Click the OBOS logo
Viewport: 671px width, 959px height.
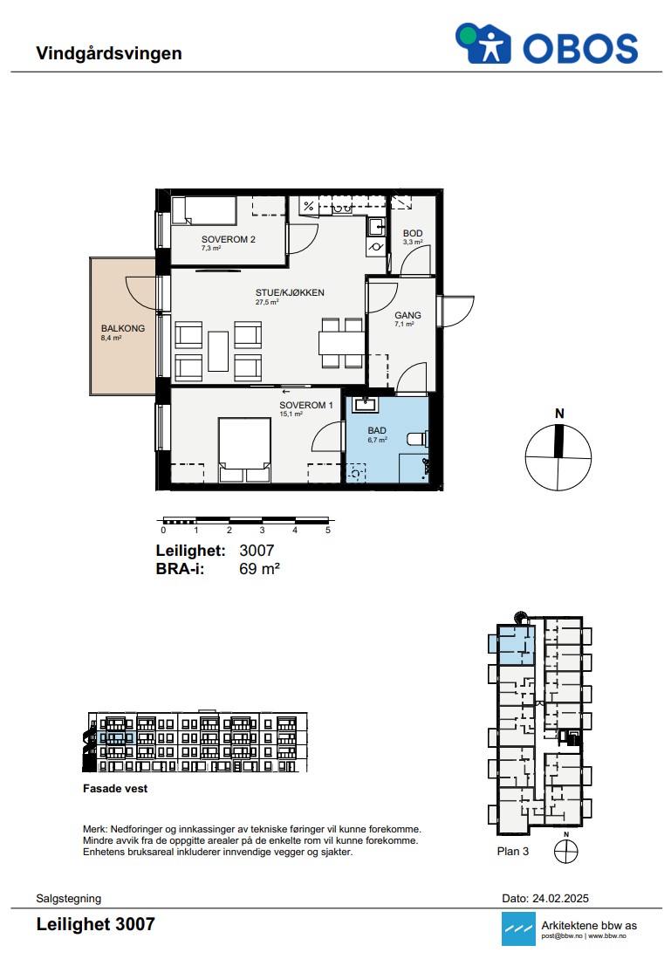coord(546,44)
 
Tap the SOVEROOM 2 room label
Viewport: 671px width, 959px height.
coord(228,239)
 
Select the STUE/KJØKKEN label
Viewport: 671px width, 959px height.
coord(290,292)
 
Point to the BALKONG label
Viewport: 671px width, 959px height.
coord(123,328)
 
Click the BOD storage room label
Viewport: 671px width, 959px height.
coord(413,233)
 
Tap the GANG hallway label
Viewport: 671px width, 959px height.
coord(407,315)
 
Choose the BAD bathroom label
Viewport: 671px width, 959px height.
coord(377,430)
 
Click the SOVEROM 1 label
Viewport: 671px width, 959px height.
coord(306,405)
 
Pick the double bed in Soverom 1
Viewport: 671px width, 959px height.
coord(244,449)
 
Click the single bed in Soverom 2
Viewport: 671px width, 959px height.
coord(203,210)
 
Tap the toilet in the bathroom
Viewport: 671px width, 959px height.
coord(417,439)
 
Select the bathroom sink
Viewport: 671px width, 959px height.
coord(366,404)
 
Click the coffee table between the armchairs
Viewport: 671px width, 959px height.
coord(218,351)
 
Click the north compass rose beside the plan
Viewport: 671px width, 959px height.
coord(558,457)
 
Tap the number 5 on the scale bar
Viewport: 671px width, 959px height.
coord(328,531)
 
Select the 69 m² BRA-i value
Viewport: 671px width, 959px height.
coord(259,569)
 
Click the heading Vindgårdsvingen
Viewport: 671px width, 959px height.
coord(109,53)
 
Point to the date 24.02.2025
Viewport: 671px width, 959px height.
coord(560,899)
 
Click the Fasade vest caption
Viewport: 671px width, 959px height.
coord(115,788)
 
